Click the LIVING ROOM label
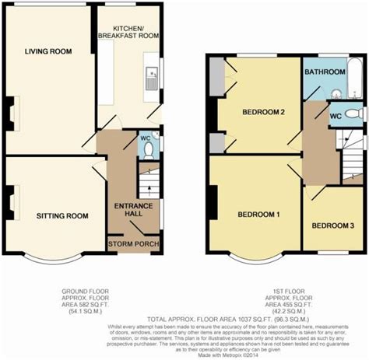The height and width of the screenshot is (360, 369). click(47, 52)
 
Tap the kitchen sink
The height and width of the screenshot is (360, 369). click(151, 75)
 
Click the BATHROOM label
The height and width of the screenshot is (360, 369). click(325, 72)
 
